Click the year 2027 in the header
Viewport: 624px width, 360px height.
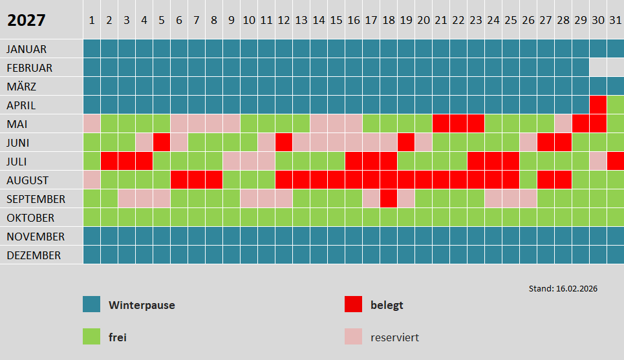pos(27,20)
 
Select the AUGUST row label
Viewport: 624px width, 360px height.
pos(28,180)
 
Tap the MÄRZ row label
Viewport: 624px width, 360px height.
pos(21,87)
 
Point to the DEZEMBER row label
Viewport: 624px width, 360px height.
pos(34,255)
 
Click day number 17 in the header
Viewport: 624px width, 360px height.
pos(371,20)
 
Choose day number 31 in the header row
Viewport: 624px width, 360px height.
pos(615,20)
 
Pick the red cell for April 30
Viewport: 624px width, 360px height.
pos(598,105)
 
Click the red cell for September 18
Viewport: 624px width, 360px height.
pos(389,199)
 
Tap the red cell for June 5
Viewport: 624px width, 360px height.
pos(162,142)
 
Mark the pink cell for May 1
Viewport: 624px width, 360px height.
pos(92,123)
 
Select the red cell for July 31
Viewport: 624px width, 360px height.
pos(615,161)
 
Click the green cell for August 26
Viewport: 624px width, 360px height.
pos(528,180)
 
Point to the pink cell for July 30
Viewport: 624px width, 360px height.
pos(598,161)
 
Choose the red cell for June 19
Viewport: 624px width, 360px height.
pos(406,142)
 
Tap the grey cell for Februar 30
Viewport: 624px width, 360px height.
pos(598,67)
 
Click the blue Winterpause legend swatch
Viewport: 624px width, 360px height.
pos(92,304)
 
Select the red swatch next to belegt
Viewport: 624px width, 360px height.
pos(353,304)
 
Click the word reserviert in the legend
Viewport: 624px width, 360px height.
pos(395,337)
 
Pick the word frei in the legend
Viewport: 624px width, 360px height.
pos(118,337)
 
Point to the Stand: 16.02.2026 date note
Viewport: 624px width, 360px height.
pos(563,288)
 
